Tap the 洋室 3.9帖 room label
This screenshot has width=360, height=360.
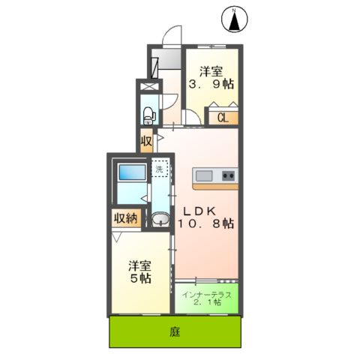click(x=211, y=79)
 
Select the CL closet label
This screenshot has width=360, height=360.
click(x=223, y=117)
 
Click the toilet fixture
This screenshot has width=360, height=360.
click(x=148, y=115)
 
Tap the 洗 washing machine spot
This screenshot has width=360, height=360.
click(x=160, y=169)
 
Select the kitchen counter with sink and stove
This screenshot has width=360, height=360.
click(x=215, y=177)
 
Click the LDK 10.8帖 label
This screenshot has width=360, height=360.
click(x=204, y=217)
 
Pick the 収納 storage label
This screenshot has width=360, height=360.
click(x=126, y=218)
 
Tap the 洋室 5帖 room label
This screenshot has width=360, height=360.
click(x=139, y=271)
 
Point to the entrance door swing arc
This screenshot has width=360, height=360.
click(x=174, y=35)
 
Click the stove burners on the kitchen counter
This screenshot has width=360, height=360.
click(x=227, y=177)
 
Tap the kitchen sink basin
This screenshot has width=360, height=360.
click(x=205, y=177)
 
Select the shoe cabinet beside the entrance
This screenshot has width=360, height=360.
click(x=155, y=66)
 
